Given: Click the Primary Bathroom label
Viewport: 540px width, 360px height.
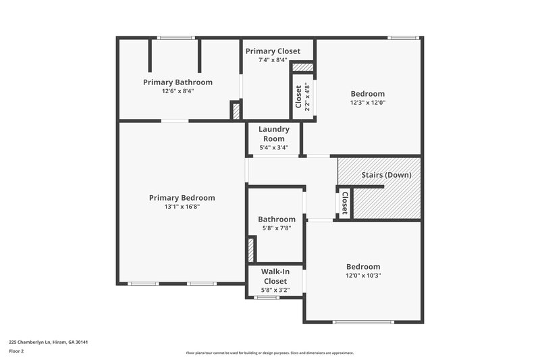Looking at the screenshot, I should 178,82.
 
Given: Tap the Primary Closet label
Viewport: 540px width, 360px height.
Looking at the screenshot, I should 273,51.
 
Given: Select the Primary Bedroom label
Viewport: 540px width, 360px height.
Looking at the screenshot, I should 182,198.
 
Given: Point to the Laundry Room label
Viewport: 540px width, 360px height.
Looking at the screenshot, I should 274,134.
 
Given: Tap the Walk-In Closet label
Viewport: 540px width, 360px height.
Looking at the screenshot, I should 275,276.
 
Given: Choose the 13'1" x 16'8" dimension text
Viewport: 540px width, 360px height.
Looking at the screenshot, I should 182,207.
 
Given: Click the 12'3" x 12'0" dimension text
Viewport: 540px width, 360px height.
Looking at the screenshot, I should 367,103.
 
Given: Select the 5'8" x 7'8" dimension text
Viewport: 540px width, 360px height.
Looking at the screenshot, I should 276,228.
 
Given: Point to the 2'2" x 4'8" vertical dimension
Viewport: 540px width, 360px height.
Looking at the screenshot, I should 307,96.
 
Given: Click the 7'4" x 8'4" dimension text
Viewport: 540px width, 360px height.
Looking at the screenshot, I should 273,61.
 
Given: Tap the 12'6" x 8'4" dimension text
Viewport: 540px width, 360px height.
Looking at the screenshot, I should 178,91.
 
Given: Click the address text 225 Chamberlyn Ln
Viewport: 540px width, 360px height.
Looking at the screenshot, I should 49,342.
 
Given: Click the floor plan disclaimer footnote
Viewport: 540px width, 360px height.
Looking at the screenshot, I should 269,353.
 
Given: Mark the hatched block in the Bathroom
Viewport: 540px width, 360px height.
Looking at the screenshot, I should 250,251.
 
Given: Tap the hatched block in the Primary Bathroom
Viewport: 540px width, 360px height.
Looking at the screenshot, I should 235,111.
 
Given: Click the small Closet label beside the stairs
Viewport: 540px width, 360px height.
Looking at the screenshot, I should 344,203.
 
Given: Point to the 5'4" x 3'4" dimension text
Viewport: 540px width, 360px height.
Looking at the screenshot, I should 274,148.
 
